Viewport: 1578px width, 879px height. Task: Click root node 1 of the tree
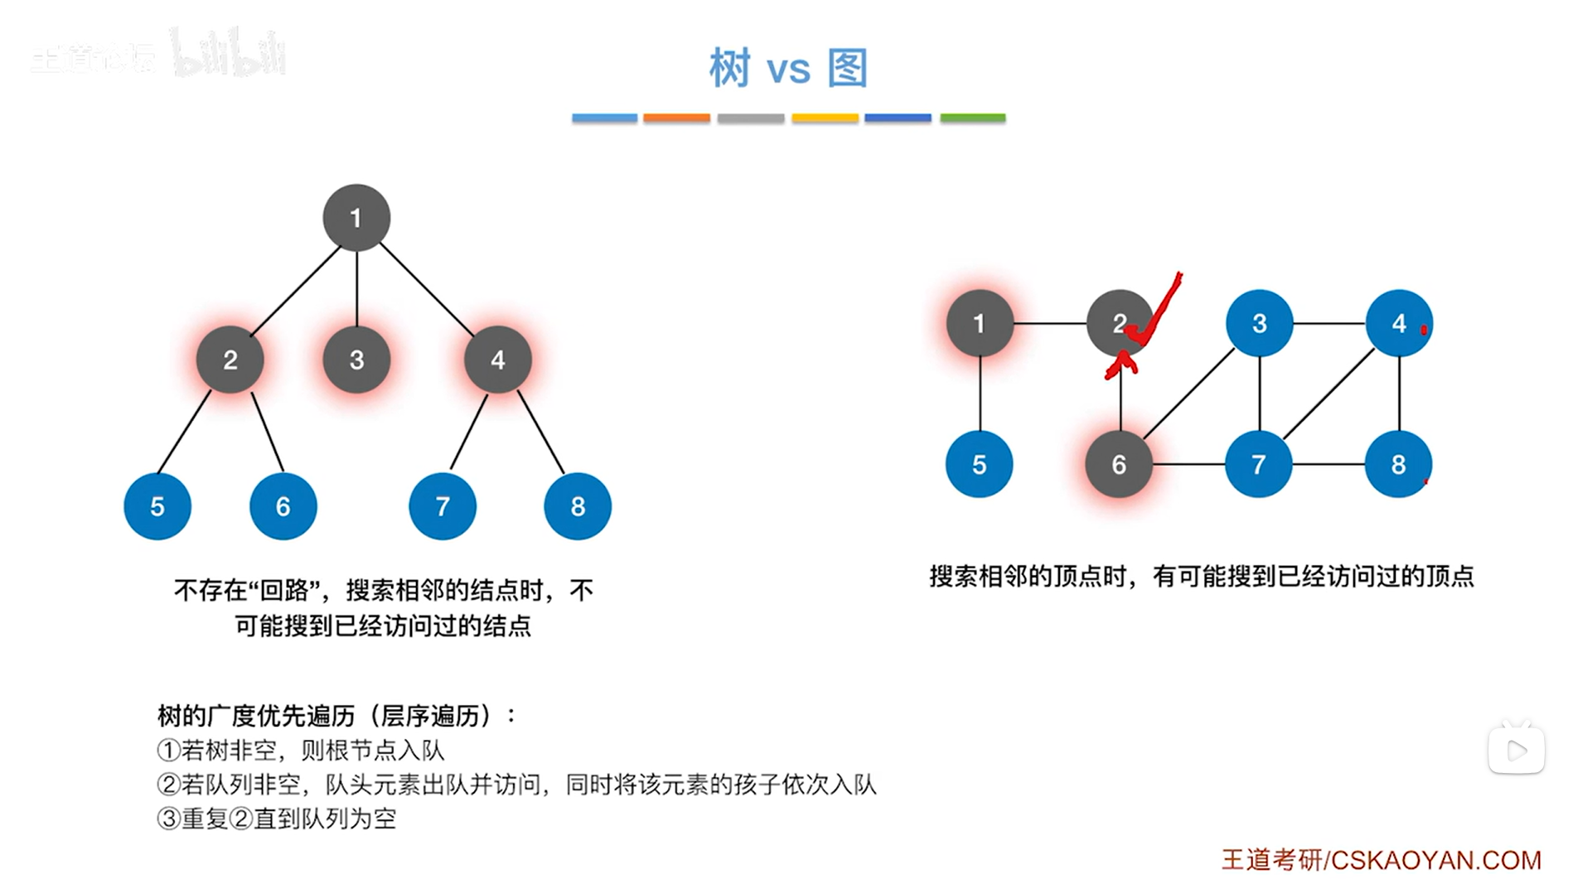(356, 218)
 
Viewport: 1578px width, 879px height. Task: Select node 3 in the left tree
(356, 360)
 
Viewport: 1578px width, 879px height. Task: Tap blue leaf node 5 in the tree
(157, 506)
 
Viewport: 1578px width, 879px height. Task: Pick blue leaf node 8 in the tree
(578, 506)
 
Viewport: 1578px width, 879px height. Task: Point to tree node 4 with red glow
(497, 360)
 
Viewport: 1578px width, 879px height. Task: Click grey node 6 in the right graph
(1119, 465)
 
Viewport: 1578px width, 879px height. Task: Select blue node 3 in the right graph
(1259, 323)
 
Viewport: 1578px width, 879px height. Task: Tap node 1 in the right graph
(980, 323)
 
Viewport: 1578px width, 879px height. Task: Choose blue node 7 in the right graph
(1258, 465)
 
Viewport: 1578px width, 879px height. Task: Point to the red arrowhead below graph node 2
(1121, 363)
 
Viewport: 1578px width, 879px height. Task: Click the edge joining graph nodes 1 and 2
(1049, 323)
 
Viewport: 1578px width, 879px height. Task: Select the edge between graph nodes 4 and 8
(1399, 394)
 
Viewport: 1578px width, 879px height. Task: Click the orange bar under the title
(676, 118)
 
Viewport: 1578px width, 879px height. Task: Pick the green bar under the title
(972, 118)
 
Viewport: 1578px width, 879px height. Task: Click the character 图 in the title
(848, 68)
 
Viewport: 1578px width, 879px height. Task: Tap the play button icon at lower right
(1516, 751)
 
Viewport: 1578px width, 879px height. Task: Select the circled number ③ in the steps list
(168, 819)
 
